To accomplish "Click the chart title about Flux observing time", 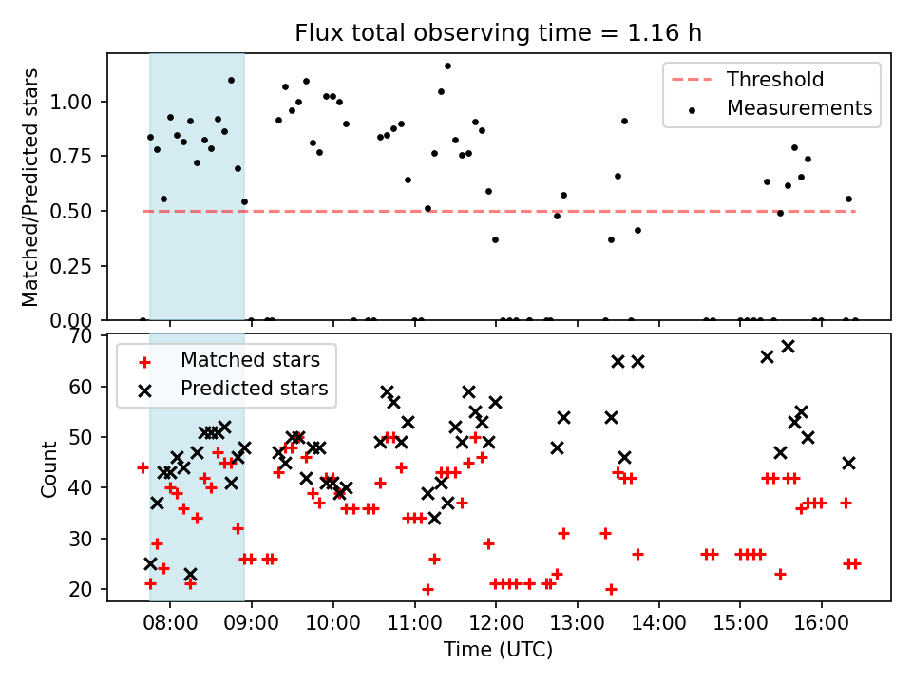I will click(499, 34).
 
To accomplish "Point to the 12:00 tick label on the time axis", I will click(495, 623).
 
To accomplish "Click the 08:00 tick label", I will click(170, 623).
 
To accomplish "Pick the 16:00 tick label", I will click(821, 623).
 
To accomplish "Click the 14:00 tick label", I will click(658, 623).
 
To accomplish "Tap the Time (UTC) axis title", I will click(499, 651).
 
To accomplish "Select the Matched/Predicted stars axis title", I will click(30, 187).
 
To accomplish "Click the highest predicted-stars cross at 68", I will click(788, 346).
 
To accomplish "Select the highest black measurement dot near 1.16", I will click(447, 66).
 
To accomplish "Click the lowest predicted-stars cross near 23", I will click(190, 574).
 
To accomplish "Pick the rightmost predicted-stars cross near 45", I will click(848, 463).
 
